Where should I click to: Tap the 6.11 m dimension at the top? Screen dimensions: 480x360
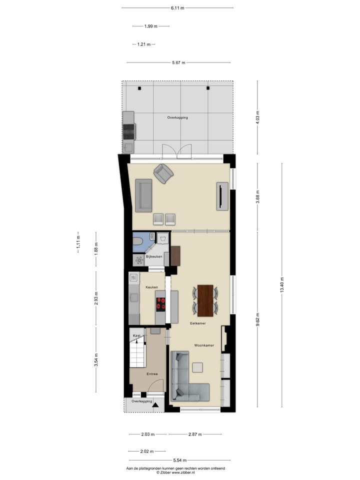(177, 8)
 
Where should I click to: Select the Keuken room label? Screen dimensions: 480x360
(152, 287)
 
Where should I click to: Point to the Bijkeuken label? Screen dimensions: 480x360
(153, 256)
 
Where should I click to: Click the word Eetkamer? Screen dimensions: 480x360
(198, 323)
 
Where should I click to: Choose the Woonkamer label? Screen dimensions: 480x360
(204, 345)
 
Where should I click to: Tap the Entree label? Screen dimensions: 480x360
(152, 373)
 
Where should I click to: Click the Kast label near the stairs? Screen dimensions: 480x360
(136, 336)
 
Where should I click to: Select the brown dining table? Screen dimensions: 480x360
(205, 300)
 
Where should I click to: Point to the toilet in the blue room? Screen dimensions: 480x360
(138, 242)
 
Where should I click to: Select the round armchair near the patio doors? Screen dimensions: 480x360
(163, 173)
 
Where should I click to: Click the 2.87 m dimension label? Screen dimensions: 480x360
(194, 434)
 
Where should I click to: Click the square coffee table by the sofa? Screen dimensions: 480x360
(198, 367)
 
